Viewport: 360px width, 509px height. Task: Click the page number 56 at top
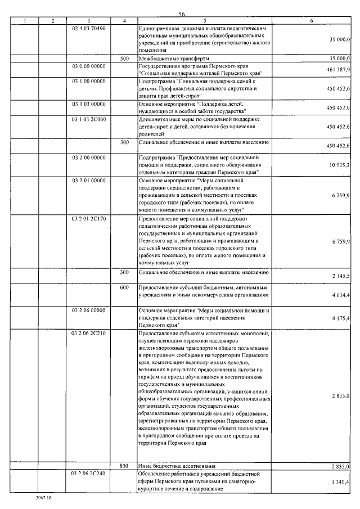point(182,15)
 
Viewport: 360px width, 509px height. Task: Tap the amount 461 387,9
point(338,69)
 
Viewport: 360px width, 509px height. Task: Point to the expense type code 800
point(124,466)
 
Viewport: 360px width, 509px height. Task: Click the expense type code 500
point(124,58)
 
